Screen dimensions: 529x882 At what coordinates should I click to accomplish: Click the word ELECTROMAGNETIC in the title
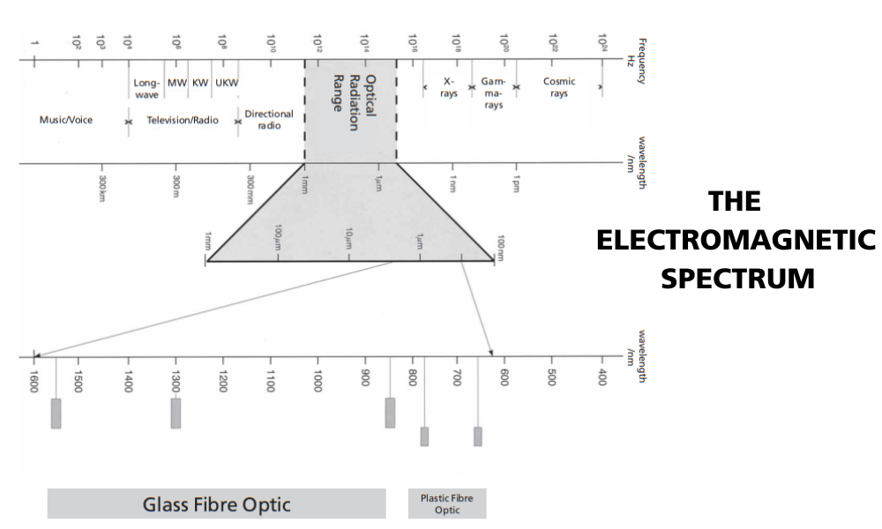[736, 240]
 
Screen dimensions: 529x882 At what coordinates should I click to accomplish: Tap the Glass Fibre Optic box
[216, 504]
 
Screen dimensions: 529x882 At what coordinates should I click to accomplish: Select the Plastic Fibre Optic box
[446, 504]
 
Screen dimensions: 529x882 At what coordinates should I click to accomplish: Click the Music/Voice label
[66, 120]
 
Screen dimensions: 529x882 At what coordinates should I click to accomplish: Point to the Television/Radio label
[183, 120]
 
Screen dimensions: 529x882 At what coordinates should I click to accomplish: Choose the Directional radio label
[269, 120]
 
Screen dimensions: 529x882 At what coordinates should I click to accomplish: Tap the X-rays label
[449, 87]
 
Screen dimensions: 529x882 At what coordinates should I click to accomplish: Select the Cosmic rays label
[559, 87]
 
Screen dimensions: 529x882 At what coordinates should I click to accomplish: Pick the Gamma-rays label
[493, 93]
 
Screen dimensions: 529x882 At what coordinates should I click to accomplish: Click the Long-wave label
[146, 87]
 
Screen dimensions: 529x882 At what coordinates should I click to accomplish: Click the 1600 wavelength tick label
[34, 381]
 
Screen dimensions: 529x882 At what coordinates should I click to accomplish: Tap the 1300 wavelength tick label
[176, 381]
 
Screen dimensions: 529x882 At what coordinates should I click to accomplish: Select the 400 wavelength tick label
[602, 377]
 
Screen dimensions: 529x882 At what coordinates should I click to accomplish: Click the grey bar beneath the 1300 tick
[176, 414]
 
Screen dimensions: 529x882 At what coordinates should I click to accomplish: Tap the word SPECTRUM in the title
[736, 279]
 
